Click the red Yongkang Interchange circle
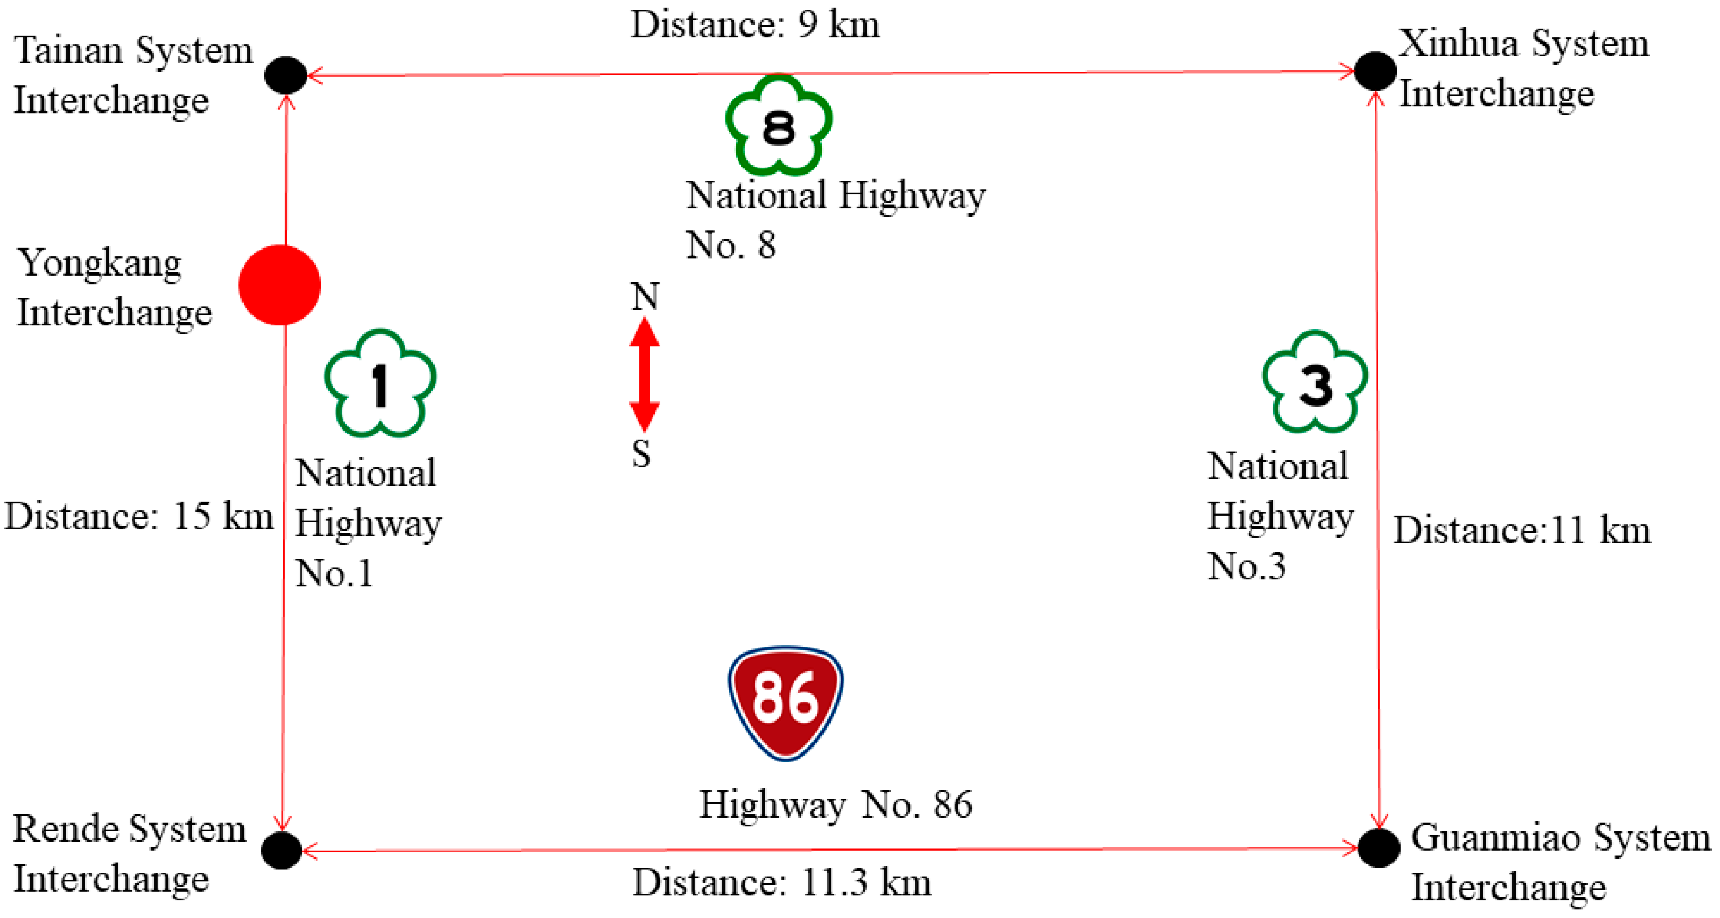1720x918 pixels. coord(280,285)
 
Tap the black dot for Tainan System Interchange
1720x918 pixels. coord(286,75)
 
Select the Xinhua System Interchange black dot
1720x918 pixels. coord(1375,71)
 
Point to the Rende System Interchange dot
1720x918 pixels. coord(282,850)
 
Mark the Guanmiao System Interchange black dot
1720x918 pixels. coord(1379,847)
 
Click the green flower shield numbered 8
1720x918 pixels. coord(779,126)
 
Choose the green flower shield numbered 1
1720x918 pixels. coord(380,383)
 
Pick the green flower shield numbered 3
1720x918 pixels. coord(1315,382)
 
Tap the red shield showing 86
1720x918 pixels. coord(785,703)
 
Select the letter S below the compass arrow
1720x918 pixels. coord(641,454)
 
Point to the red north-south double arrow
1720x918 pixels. coord(644,374)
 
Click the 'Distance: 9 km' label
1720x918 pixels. coord(755,25)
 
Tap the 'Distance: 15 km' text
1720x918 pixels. coord(139,517)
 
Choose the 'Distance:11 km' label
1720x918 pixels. coord(1521,530)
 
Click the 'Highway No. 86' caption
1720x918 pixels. coord(835,804)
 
